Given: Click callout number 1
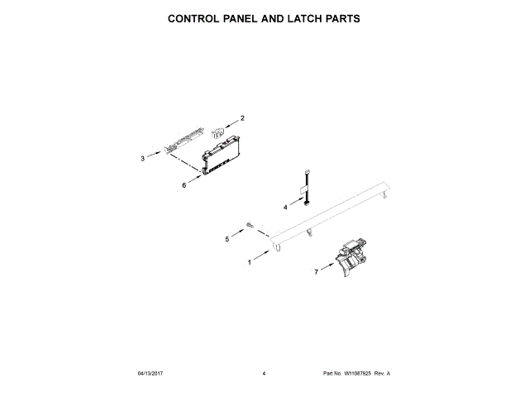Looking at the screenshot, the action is pos(250,263).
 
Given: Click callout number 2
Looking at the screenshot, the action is pos(242,118).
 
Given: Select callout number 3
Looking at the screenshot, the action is pos(142,157).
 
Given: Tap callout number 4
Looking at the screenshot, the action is pos(285,207).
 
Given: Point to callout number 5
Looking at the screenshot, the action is pos(227,239).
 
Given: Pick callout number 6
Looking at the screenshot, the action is pos(183,185).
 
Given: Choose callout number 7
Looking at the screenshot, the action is pos(316,271).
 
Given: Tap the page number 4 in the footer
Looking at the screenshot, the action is pos(264,374).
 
